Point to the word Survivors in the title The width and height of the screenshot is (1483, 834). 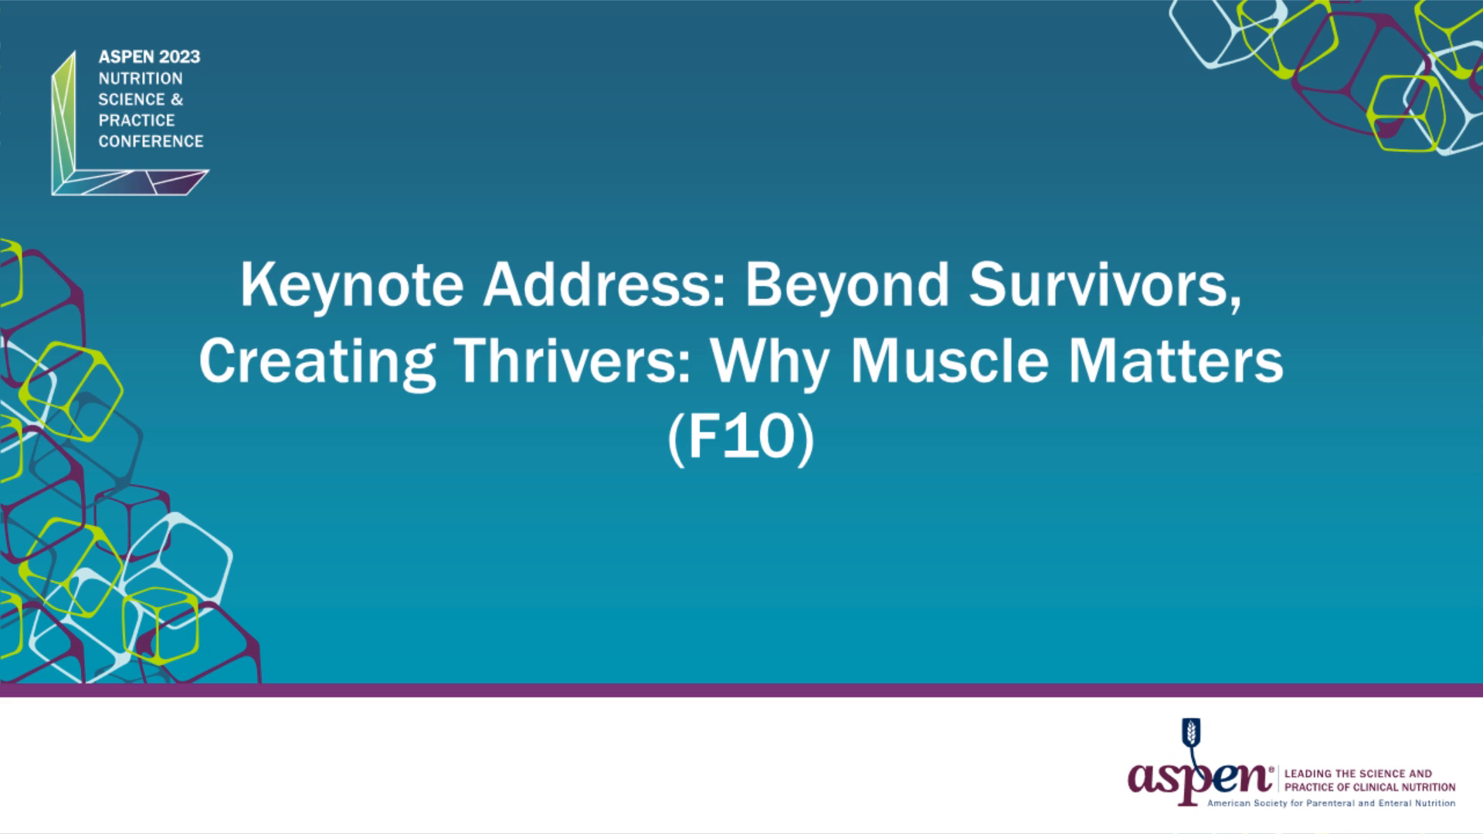tap(1105, 285)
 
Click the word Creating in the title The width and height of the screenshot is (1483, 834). tap(317, 362)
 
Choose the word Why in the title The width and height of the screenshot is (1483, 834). tap(770, 362)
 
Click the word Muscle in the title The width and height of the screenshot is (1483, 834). tap(949, 361)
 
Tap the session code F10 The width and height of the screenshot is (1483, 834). tap(741, 438)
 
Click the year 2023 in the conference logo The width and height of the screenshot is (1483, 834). tap(179, 57)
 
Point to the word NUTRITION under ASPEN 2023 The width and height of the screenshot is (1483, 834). tap(141, 79)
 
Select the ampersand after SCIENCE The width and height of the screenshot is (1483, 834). tap(177, 100)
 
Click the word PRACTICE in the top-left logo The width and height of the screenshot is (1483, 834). tap(137, 120)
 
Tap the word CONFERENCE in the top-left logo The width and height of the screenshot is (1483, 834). tap(151, 141)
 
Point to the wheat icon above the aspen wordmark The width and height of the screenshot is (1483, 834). tap(1192, 732)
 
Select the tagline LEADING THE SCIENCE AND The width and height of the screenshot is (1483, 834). tap(1358, 774)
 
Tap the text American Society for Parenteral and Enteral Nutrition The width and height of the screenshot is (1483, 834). tap(1331, 803)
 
